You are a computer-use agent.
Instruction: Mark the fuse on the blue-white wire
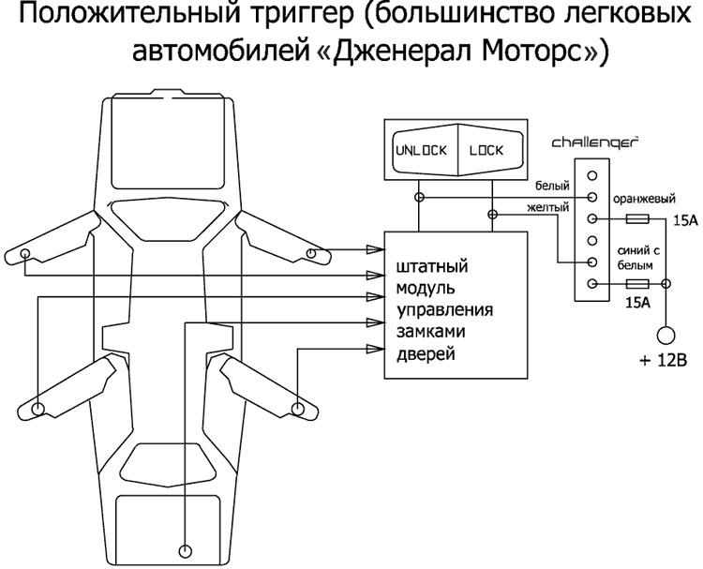click(637, 284)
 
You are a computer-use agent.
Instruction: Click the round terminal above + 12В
click(666, 334)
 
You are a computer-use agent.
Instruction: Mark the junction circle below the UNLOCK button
click(419, 198)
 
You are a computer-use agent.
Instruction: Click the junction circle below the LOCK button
click(491, 215)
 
